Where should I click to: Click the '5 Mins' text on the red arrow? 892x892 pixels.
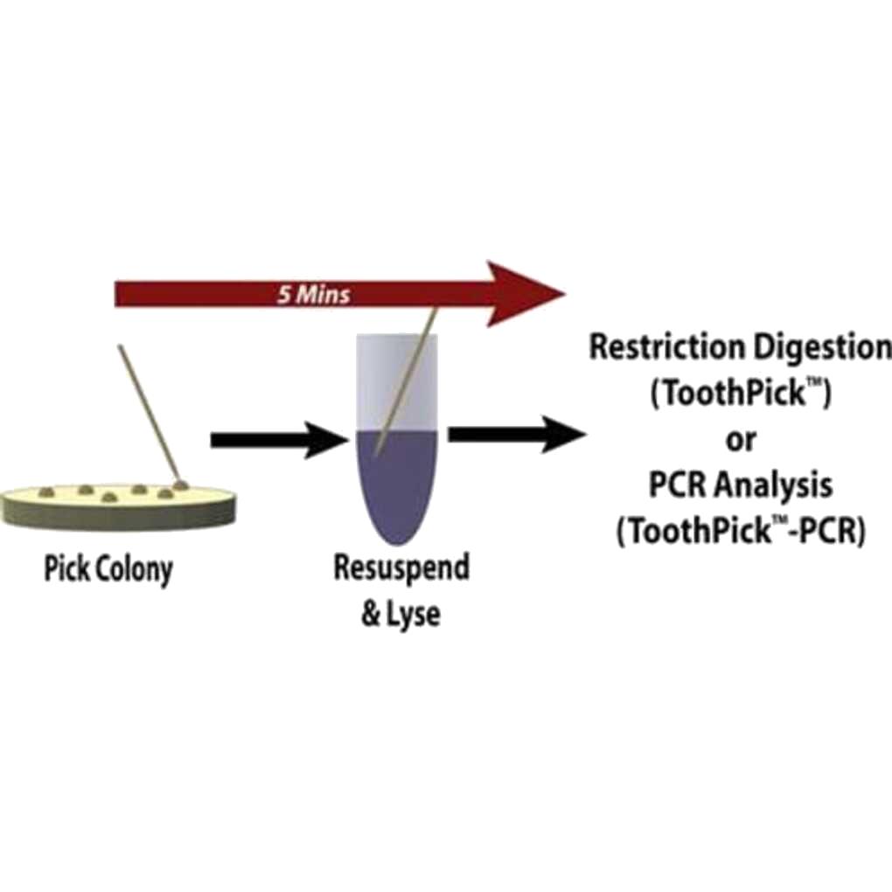[314, 294]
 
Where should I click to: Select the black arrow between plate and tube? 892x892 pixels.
[278, 439]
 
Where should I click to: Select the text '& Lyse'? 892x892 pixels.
[401, 613]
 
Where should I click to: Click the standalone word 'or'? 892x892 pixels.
[740, 439]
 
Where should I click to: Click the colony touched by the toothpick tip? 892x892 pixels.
[181, 482]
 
